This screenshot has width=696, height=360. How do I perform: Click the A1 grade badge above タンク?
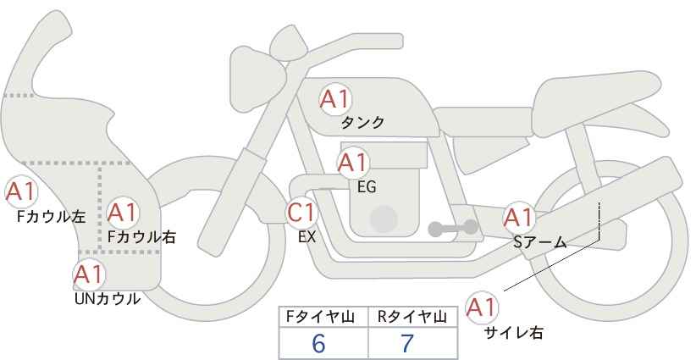click(335, 99)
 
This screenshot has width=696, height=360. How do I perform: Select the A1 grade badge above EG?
click(353, 163)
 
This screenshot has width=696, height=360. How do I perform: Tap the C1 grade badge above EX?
click(301, 213)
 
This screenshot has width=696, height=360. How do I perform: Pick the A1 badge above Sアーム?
click(519, 218)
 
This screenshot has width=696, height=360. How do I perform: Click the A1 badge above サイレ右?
click(482, 307)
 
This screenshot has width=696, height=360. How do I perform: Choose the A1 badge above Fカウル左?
click(21, 191)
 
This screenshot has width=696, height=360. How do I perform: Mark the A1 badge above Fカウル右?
click(123, 213)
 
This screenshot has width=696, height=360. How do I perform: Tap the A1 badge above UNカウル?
click(89, 274)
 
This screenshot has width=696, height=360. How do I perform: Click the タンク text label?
click(362, 123)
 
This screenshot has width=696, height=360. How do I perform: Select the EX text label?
click(307, 237)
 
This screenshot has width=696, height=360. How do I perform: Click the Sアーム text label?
click(540, 242)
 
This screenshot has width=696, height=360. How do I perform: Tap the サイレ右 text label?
click(514, 332)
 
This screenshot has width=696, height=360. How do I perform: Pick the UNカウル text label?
click(108, 299)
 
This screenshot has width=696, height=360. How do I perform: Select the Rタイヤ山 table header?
click(412, 317)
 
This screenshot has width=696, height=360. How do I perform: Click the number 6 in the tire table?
click(318, 343)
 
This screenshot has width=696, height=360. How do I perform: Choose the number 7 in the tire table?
click(407, 343)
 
